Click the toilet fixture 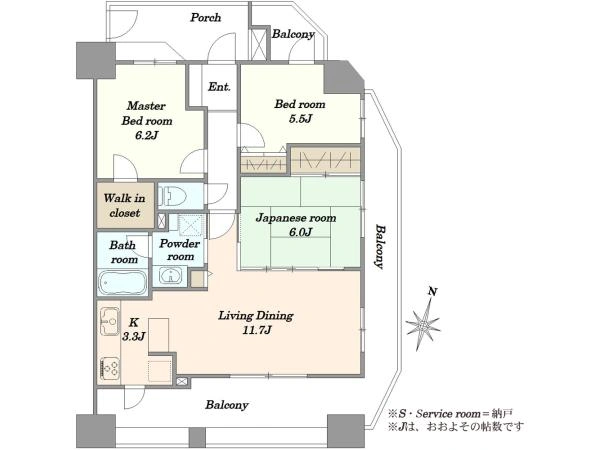coord(172,196)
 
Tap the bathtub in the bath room coord(123,282)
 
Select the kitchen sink coord(109,321)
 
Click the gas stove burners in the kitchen coord(110,368)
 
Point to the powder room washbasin coord(170,276)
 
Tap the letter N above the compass coord(433,292)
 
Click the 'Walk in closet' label coord(125,205)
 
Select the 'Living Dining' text coord(256,316)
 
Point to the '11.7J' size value coord(257,330)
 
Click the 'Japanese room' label coord(296,218)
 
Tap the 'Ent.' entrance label coord(219,87)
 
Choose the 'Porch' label coord(206,18)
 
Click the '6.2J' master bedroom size coord(147,135)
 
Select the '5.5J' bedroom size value coord(300,119)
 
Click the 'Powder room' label coord(179,250)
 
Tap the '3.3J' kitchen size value coord(134,337)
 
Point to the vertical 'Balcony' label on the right coord(379,247)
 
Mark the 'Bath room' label coord(123,252)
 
